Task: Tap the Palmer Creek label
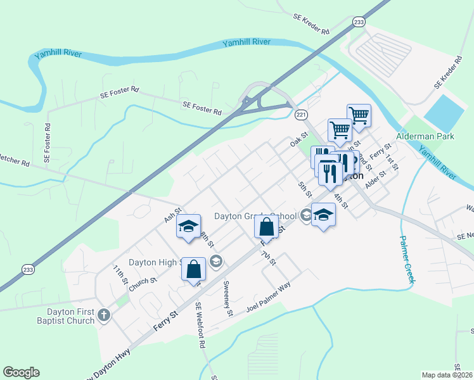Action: point(406,260)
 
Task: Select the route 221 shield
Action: point(301,114)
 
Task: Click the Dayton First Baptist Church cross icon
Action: point(103,313)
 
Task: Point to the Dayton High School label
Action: point(155,262)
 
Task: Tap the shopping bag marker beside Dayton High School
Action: point(193,269)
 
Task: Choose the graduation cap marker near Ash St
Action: point(188,228)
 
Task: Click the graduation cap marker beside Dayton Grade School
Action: point(323,215)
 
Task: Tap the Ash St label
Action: point(172,214)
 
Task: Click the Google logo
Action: point(21,372)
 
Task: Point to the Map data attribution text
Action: point(447,375)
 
